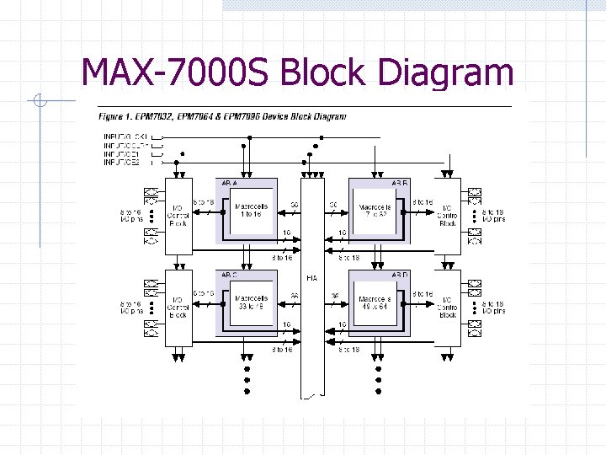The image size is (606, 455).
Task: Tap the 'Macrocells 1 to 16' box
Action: pyautogui.click(x=250, y=210)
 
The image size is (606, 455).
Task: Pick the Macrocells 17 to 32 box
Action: pyautogui.click(x=375, y=210)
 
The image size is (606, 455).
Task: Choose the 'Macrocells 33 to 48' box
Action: pyautogui.click(x=250, y=302)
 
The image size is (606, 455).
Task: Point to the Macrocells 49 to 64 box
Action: pyautogui.click(x=375, y=302)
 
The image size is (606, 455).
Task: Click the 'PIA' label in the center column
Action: pyautogui.click(x=312, y=277)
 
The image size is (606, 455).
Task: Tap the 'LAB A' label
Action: pyautogui.click(x=229, y=183)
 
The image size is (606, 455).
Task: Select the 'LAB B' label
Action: pyautogui.click(x=399, y=183)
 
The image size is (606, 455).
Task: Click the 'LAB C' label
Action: pyautogui.click(x=229, y=275)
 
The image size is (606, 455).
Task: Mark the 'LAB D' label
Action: pyautogui.click(x=399, y=275)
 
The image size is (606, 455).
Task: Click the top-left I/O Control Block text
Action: pyautogui.click(x=178, y=216)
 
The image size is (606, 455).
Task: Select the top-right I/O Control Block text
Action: pyautogui.click(x=448, y=216)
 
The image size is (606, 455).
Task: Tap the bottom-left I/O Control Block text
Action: pyautogui.click(x=178, y=307)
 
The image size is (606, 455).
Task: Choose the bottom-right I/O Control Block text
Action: pyautogui.click(x=448, y=307)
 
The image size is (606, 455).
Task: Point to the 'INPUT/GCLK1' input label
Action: pyautogui.click(x=125, y=136)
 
